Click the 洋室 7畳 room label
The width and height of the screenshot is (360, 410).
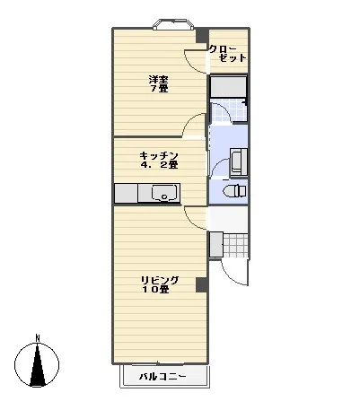(159, 84)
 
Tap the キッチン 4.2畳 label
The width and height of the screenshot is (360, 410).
(159, 160)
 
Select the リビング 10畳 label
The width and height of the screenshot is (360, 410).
(160, 284)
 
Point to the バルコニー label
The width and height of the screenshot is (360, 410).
(162, 376)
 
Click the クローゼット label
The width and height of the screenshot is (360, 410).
(228, 54)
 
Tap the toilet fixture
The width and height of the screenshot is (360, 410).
(234, 190)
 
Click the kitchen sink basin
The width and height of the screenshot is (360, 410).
(164, 193)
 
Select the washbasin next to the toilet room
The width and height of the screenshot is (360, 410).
(239, 161)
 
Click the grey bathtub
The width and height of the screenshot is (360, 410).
(228, 87)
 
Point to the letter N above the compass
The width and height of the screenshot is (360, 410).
(38, 338)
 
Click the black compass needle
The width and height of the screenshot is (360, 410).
(38, 364)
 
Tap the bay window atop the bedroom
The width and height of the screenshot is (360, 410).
(173, 24)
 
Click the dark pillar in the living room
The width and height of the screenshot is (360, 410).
(202, 284)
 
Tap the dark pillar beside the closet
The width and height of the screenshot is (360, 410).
(202, 36)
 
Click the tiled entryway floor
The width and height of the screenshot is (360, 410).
(235, 246)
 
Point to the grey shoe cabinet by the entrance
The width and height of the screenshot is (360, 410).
(216, 245)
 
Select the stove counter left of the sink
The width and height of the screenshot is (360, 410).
(127, 194)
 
